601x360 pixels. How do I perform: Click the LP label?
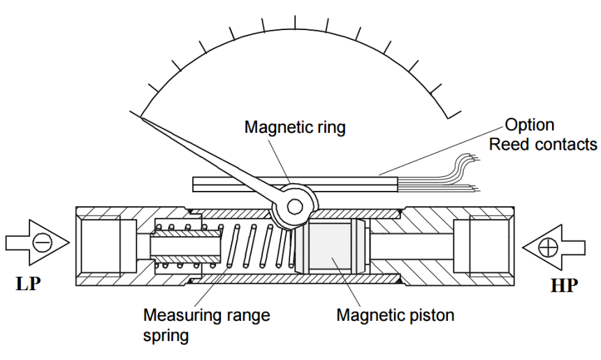pyautogui.click(x=28, y=286)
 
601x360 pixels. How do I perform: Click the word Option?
pyautogui.click(x=530, y=125)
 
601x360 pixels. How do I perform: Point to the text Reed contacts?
pyautogui.click(x=543, y=145)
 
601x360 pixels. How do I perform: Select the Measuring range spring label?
pyautogui.click(x=206, y=324)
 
